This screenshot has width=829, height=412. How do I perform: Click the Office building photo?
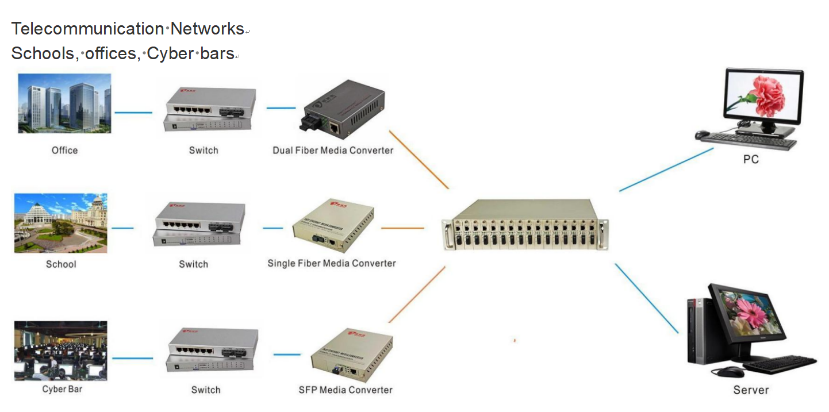[64, 103]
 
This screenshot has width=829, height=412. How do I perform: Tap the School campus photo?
[60, 223]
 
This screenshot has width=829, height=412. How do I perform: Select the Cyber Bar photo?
[60, 351]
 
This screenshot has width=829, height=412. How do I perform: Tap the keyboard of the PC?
[747, 140]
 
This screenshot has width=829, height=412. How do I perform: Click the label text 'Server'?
[751, 390]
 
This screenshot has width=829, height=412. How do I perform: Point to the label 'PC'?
[751, 159]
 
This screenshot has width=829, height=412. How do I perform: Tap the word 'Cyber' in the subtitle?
[170, 53]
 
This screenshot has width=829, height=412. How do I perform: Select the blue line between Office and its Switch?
[133, 113]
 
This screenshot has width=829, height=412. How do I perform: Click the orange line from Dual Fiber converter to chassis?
[419, 159]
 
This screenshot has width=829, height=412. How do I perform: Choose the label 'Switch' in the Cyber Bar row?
[206, 390]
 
